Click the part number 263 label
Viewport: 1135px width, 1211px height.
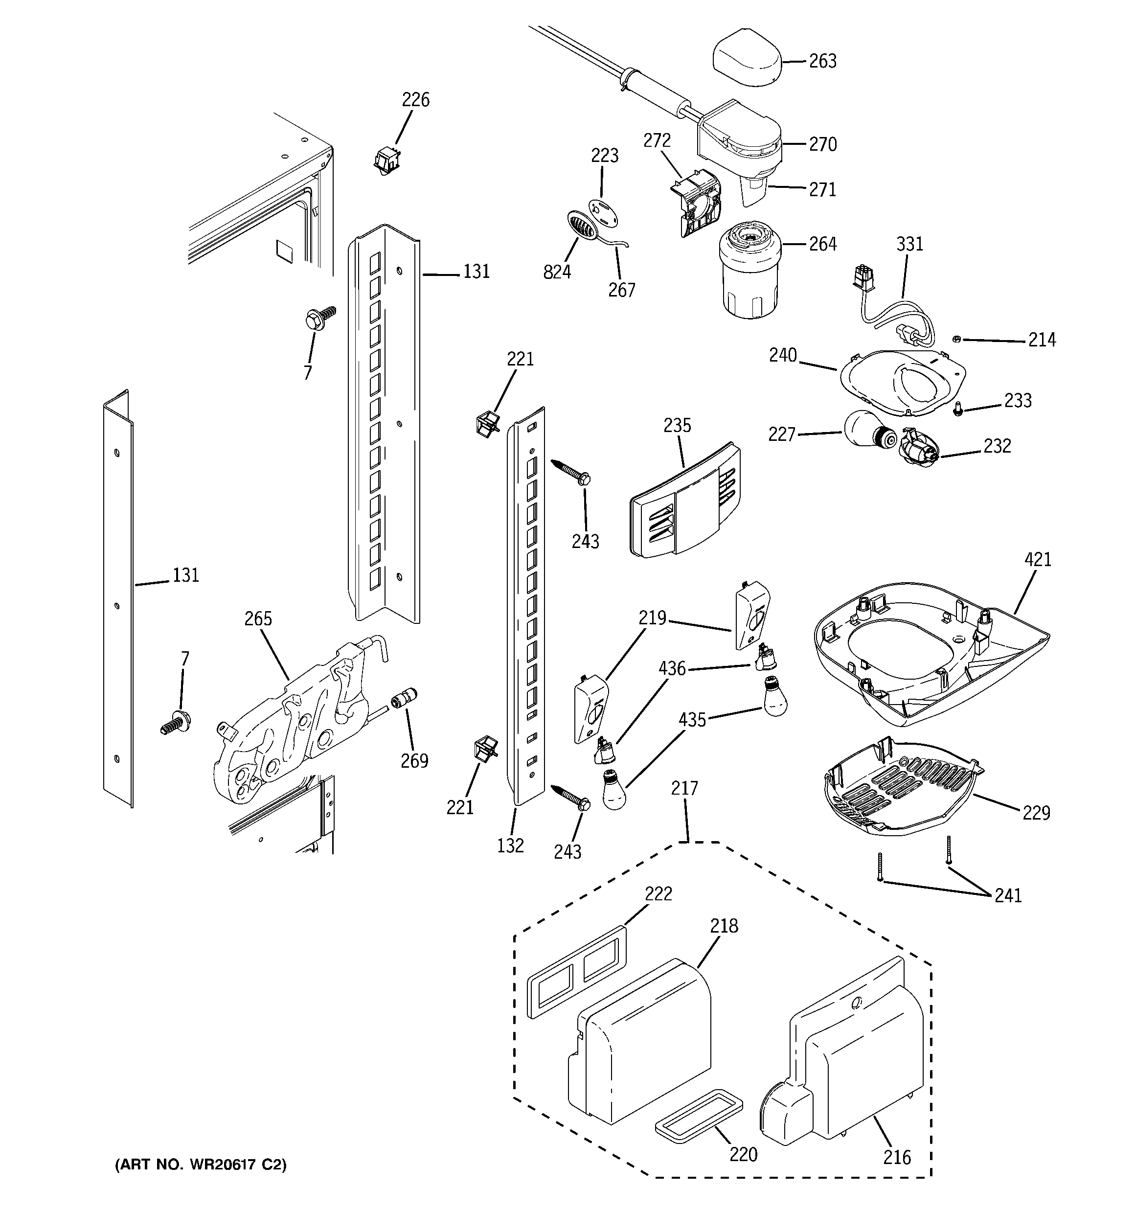(x=822, y=61)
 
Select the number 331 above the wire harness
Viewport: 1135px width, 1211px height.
(x=909, y=244)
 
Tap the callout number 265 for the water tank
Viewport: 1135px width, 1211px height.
(x=258, y=619)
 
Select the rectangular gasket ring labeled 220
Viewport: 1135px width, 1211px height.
(x=698, y=1116)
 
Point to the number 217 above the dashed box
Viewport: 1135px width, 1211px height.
(x=684, y=788)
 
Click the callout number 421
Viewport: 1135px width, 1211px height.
(x=1038, y=559)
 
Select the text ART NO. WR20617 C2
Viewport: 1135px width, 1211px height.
(x=201, y=1164)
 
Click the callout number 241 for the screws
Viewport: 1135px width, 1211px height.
(x=1008, y=895)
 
